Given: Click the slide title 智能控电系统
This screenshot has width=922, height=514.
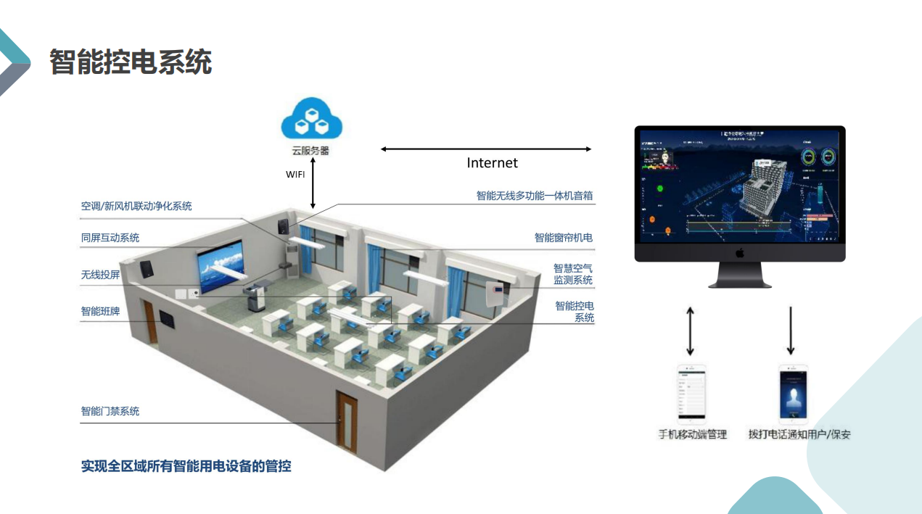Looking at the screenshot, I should (x=131, y=62).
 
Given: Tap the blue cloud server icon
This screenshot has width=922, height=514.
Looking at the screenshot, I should (x=310, y=120).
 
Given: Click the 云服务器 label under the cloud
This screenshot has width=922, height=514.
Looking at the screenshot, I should (x=310, y=151).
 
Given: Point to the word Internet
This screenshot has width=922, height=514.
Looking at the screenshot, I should (x=492, y=163).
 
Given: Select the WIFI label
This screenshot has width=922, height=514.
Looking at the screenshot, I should (x=295, y=175).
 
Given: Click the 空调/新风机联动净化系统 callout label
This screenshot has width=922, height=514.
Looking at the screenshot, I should (x=136, y=207).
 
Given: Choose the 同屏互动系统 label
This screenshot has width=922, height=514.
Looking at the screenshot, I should (x=110, y=238).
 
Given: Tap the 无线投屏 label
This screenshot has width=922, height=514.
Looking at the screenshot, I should (x=100, y=275).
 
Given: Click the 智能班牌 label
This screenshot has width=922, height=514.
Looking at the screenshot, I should (x=100, y=312).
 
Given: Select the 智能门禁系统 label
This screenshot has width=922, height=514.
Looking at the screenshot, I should (x=110, y=412).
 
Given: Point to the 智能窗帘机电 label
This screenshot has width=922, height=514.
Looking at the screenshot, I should (x=564, y=238).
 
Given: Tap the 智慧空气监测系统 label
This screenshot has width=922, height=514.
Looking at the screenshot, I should (x=573, y=274).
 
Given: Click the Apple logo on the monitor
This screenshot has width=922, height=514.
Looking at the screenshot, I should (x=740, y=253).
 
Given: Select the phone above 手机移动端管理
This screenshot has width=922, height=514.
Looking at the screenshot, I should (x=691, y=394).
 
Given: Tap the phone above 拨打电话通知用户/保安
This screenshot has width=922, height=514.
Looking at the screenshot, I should (x=793, y=394).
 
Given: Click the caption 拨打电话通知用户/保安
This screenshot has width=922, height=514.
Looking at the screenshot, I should (x=799, y=435).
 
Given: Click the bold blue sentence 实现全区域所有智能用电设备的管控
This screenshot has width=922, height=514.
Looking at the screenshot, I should (x=186, y=466).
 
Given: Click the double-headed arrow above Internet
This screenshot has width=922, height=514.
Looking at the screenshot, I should (x=486, y=149).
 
